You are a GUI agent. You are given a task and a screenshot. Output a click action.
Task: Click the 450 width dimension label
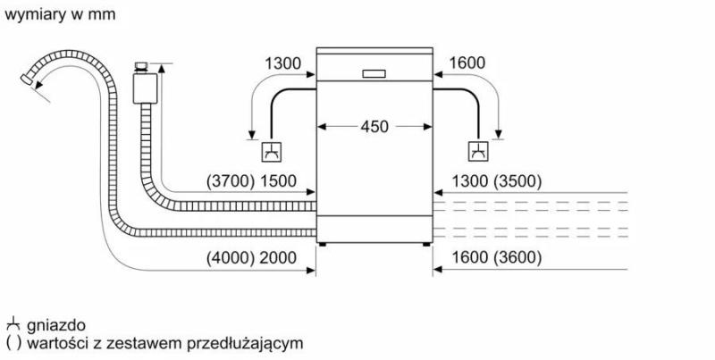pyautogui.click(x=374, y=127)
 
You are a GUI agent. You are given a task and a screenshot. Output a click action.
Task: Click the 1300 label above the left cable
pyautogui.click(x=283, y=63)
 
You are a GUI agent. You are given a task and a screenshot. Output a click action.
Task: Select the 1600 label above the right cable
pyautogui.click(x=467, y=63)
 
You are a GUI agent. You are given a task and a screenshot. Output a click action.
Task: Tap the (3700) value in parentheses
pyautogui.click(x=231, y=181)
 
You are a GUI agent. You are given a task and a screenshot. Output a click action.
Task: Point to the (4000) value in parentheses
pyautogui.click(x=231, y=258)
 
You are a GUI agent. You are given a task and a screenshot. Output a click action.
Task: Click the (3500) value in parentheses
pyautogui.click(x=517, y=181)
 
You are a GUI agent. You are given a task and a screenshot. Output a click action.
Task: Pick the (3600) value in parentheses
pyautogui.click(x=517, y=258)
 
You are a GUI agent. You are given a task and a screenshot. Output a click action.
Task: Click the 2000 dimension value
pyautogui.click(x=278, y=258)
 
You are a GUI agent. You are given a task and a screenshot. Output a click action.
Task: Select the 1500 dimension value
pyautogui.click(x=278, y=181)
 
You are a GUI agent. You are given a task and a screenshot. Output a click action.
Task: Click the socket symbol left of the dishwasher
pyautogui.click(x=272, y=152)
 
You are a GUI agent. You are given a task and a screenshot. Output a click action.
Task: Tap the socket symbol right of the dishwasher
pyautogui.click(x=478, y=152)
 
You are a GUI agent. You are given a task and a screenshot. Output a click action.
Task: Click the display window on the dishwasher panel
pyautogui.click(x=374, y=74)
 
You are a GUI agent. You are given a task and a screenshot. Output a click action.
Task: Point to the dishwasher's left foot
pyautogui.click(x=323, y=245)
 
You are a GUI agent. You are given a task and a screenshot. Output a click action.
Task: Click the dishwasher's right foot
pyautogui.click(x=426, y=245)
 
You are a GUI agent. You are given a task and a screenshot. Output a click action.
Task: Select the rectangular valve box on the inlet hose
pyautogui.click(x=146, y=88)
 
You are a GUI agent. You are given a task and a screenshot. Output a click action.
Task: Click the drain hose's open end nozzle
pyautogui.click(x=27, y=79)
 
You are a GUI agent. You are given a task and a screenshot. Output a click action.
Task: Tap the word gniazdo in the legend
pyautogui.click(x=56, y=325)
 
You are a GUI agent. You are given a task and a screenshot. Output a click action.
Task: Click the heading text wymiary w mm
pyautogui.click(x=60, y=14)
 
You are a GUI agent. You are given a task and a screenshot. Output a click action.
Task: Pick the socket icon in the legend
pyautogui.click(x=13, y=324)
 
